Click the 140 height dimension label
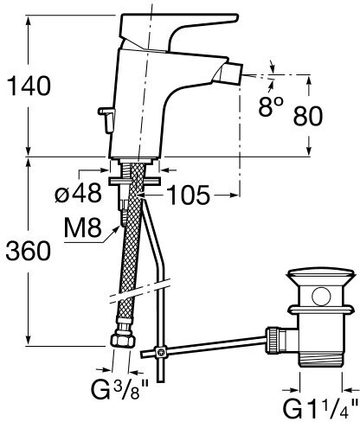click(x=29, y=86)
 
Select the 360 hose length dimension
click(x=29, y=251)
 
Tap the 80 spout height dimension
click(x=308, y=116)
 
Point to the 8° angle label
click(x=270, y=106)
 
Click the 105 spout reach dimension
click(x=189, y=195)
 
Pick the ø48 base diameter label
click(x=78, y=193)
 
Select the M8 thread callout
click(x=83, y=227)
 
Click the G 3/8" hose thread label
click(x=119, y=389)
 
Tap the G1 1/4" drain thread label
click(x=320, y=408)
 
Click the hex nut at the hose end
click(x=123, y=340)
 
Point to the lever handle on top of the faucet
click(x=179, y=29)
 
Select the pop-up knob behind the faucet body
click(x=106, y=118)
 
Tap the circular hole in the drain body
click(x=321, y=297)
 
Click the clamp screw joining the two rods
click(x=161, y=352)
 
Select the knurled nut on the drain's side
click(x=273, y=340)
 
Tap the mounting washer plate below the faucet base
click(x=133, y=182)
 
